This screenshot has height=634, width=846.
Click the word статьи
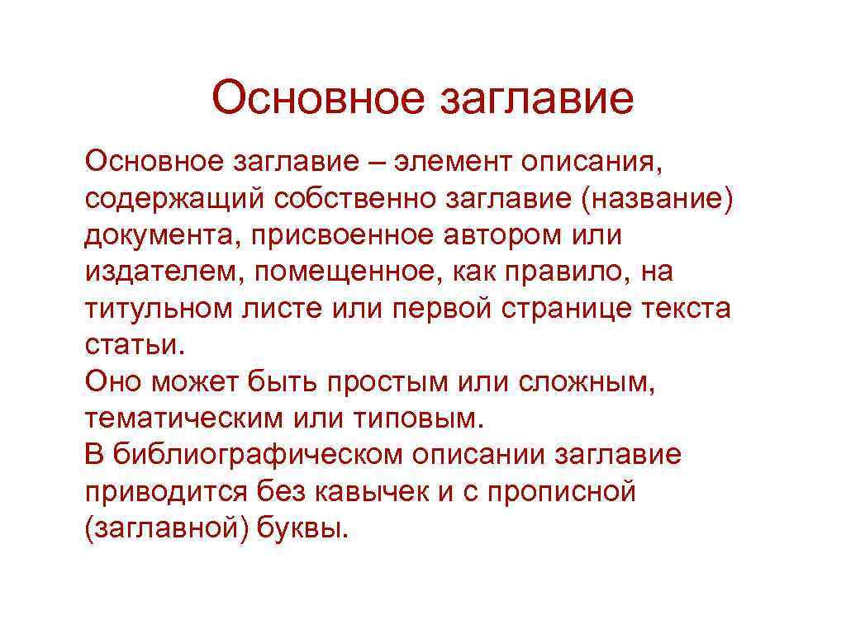click(x=131, y=345)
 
